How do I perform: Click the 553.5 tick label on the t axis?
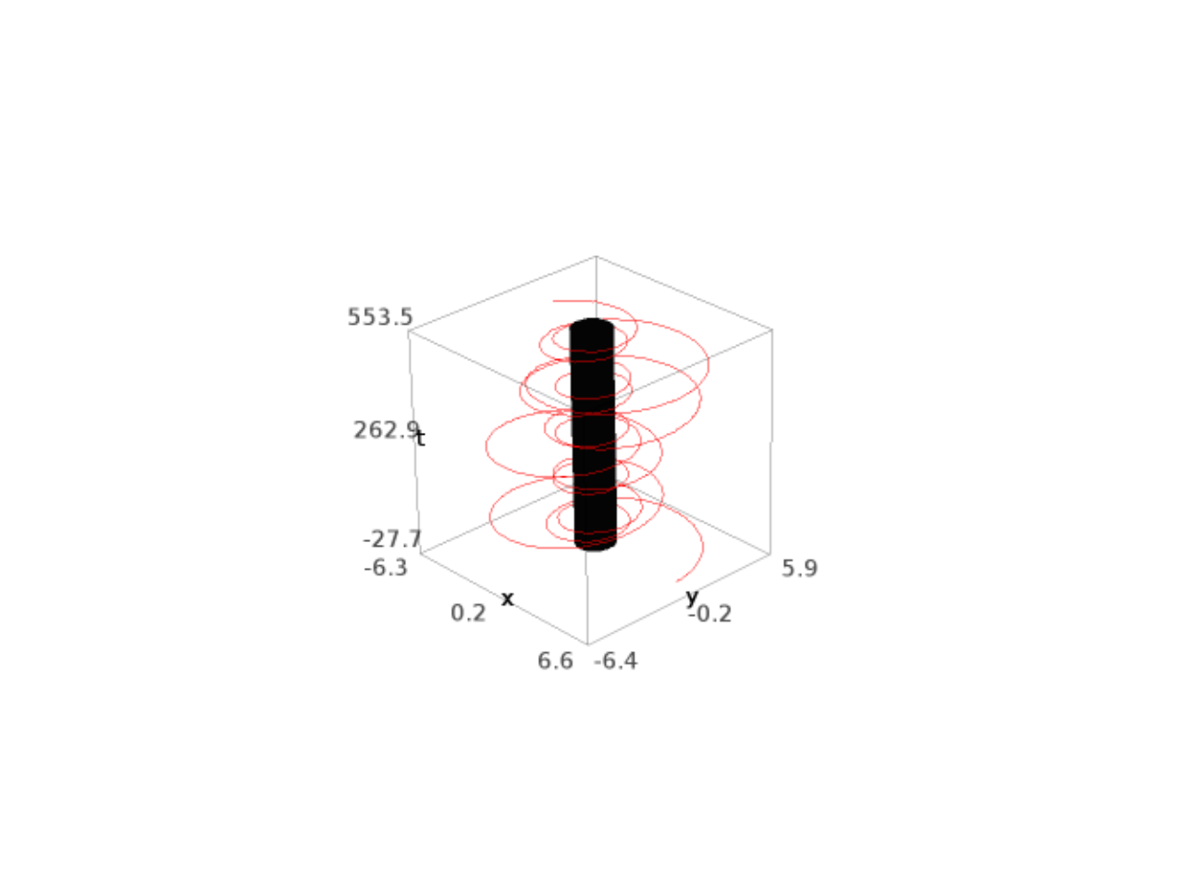[x=380, y=317]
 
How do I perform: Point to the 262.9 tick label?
[x=387, y=430]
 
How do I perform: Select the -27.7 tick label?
[x=392, y=538]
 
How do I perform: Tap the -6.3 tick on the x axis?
[x=386, y=568]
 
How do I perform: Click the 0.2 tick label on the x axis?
[x=468, y=613]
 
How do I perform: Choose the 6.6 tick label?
[x=555, y=660]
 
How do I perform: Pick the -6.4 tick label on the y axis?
[x=615, y=660]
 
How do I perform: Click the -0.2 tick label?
[x=709, y=613]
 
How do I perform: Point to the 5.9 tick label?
[x=799, y=568]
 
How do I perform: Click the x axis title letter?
[x=507, y=598]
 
